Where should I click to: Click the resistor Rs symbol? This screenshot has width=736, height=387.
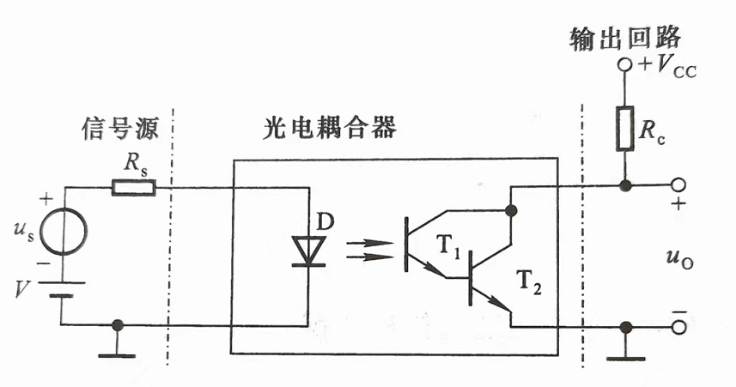coord(134,187)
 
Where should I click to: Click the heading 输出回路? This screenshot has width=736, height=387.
coord(624,38)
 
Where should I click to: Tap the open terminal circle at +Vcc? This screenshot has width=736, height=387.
coord(625,65)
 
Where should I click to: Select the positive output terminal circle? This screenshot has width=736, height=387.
coord(678,186)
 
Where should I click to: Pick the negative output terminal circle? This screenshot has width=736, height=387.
coord(678,326)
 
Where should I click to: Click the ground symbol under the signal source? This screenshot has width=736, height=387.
coord(118,348)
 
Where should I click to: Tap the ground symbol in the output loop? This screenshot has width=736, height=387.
coord(626,348)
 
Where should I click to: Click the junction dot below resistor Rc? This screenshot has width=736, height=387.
coord(625,186)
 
